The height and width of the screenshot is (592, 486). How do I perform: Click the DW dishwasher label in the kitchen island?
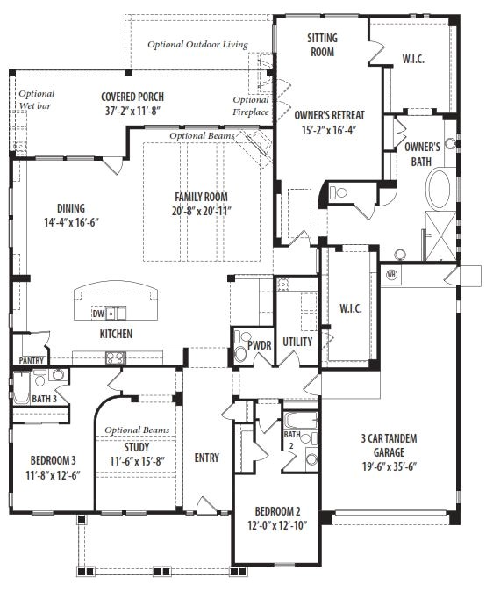coord(98,313)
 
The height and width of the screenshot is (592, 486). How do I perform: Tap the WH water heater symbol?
coord(391,274)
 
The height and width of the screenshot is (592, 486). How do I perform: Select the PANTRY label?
coord(32,360)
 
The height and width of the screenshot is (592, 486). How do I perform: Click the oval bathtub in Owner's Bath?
coord(438,189)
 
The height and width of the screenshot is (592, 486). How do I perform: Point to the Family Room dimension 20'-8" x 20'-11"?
coord(202,211)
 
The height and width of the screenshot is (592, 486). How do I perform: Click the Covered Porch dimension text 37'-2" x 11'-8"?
coord(132,111)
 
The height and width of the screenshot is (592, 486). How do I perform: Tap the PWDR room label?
coord(260,345)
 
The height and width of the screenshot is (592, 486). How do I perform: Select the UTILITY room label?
coord(297,342)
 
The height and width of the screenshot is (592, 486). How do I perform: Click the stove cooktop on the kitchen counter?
coord(116,357)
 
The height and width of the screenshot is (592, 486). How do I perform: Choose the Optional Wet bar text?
coord(36,99)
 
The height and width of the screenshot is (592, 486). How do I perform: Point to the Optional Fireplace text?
coord(251,105)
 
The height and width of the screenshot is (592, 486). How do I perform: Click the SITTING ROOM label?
coord(322,45)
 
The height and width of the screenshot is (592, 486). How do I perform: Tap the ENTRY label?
coord(207,458)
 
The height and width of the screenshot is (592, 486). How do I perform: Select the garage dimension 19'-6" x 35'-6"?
coord(390,466)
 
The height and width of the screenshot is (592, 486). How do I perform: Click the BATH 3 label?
coord(44,399)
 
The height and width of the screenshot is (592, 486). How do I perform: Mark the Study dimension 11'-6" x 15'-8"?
coord(137,461)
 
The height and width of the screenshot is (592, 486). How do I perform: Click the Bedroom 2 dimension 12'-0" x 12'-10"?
coord(277,525)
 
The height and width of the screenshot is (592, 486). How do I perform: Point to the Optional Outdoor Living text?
coord(197,45)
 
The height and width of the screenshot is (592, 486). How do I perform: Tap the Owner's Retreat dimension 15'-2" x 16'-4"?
coord(329,130)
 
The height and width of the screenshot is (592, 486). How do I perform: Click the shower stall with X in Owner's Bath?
coord(440,236)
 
